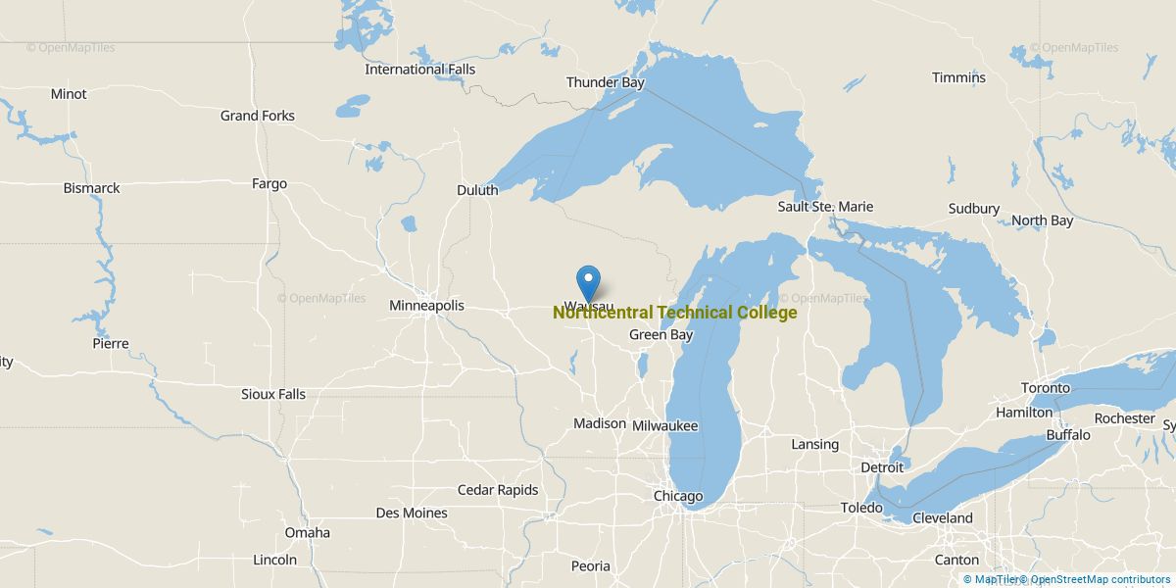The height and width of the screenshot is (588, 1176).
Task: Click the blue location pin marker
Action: [x=588, y=282]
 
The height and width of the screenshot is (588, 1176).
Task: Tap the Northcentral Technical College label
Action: [x=674, y=313]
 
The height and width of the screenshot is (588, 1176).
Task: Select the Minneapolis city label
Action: [x=426, y=306]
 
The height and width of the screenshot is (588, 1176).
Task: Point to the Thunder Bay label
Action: [x=605, y=82]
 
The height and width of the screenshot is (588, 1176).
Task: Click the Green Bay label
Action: [x=661, y=335]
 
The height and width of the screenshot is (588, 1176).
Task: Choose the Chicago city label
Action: [x=678, y=497]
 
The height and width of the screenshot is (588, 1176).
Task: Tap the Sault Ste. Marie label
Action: [x=825, y=207]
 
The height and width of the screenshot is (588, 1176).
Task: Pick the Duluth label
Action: [x=477, y=190]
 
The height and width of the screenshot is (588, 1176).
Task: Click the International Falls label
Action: [x=419, y=70]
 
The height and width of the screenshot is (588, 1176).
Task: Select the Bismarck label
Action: [x=91, y=187]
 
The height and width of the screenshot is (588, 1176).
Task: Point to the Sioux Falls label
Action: [x=273, y=394]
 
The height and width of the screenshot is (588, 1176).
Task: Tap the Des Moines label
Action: [x=412, y=513]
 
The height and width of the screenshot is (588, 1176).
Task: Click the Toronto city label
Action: [x=1046, y=388]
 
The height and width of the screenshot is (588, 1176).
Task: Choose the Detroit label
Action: [x=882, y=467]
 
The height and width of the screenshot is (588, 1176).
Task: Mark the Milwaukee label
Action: [x=664, y=426]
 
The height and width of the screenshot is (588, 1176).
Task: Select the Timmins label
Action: [x=958, y=77]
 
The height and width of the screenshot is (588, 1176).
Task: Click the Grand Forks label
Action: [x=257, y=116]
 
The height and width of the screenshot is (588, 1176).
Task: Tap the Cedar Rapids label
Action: [x=498, y=490]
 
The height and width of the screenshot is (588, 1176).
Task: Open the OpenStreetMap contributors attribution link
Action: [x=1100, y=579]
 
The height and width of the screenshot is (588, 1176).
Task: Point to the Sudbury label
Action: [x=973, y=209]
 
